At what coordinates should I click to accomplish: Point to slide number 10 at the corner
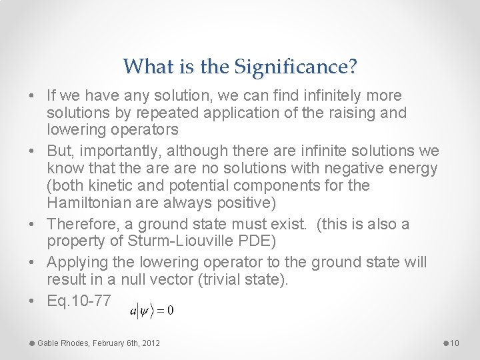(x=455, y=343)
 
